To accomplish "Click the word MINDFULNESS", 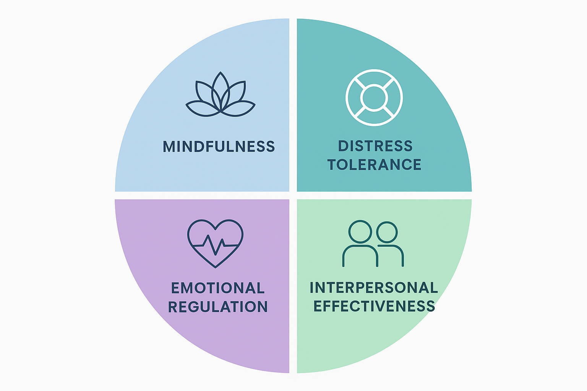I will click(219, 147).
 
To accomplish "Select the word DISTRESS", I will click(375, 146).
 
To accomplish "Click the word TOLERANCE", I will click(374, 165).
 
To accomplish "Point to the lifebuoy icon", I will click(374, 97).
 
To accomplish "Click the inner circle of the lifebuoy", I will click(374, 97).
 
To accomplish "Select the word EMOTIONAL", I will click(218, 288).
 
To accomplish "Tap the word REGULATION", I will click(218, 307).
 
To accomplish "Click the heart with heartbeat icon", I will click(216, 243).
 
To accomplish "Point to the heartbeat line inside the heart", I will click(216, 244).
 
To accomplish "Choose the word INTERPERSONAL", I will click(374, 288).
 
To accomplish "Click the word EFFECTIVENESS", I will click(374, 306).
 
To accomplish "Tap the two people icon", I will click(373, 244).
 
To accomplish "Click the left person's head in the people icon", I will click(360, 231).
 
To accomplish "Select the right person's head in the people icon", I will click(387, 232).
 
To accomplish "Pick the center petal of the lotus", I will click(221, 90).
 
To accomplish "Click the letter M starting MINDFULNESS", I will click(169, 147).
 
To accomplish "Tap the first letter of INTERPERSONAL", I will click(311, 288).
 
